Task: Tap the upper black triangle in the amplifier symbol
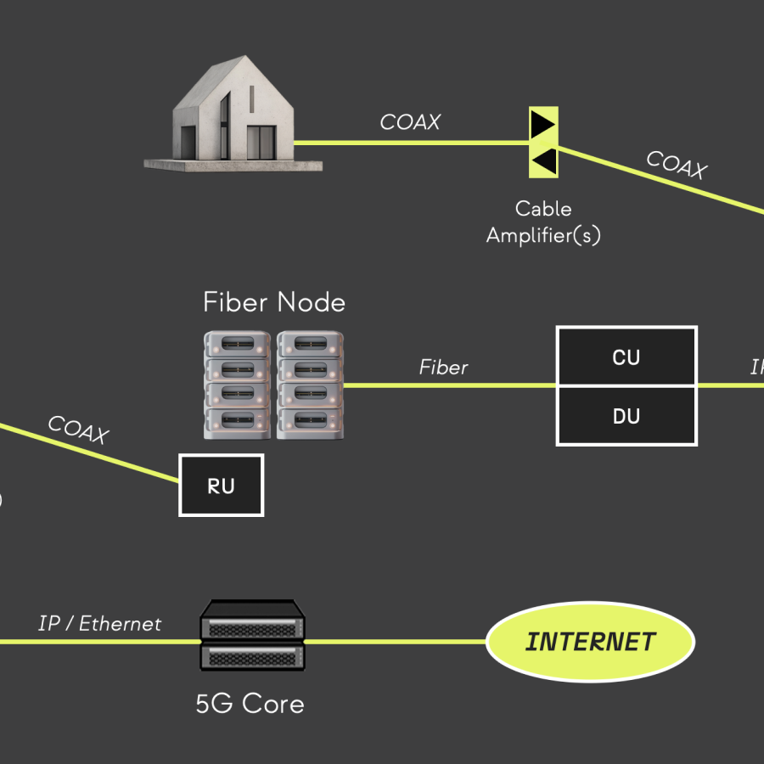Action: point(542,126)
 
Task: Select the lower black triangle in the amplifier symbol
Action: point(544,160)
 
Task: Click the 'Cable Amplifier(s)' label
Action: point(543,222)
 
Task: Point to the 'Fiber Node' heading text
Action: point(274,302)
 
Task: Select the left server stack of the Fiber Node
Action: point(238,385)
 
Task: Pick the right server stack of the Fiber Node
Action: point(310,385)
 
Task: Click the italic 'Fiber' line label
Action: point(443,368)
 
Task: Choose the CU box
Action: point(626,357)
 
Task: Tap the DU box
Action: point(626,416)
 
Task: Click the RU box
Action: point(221,486)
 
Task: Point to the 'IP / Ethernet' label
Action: point(99,624)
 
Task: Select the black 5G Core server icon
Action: point(252,635)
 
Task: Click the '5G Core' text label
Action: point(250,703)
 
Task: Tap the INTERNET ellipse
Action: point(590,642)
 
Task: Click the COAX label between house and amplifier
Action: point(410,122)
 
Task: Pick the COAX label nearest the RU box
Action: point(78,430)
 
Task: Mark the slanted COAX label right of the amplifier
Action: point(676,165)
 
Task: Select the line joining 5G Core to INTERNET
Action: point(395,642)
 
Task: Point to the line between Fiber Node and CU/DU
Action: point(450,385)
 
